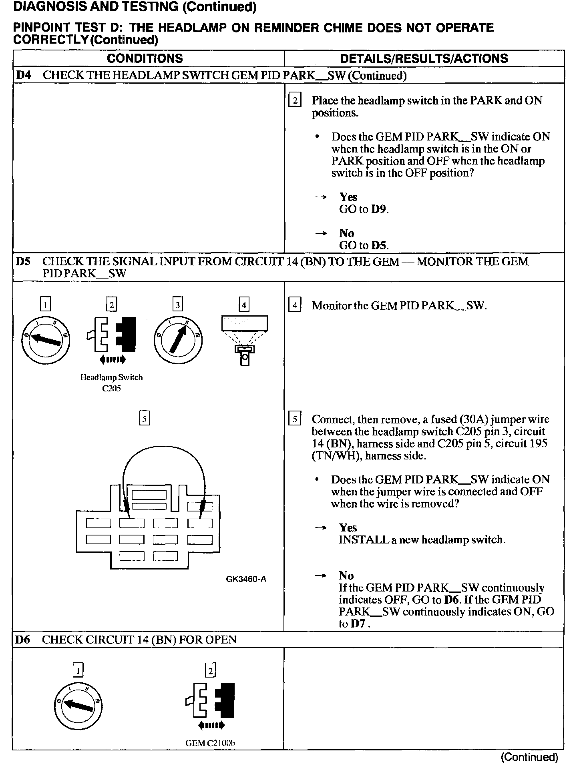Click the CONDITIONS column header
(x=145, y=58)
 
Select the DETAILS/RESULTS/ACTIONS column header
(x=424, y=58)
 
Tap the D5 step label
(x=23, y=262)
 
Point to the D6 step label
(x=22, y=640)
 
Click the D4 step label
(x=23, y=75)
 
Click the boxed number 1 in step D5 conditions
(x=45, y=305)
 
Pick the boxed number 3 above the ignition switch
(x=177, y=305)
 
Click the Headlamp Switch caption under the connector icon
(x=111, y=377)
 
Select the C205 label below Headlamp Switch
(x=111, y=389)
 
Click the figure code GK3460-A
(x=246, y=579)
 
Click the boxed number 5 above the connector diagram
(x=145, y=419)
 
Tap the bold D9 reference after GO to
(x=379, y=209)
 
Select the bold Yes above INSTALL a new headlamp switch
(x=348, y=527)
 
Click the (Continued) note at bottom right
(x=529, y=757)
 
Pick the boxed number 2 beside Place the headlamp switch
(x=295, y=100)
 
